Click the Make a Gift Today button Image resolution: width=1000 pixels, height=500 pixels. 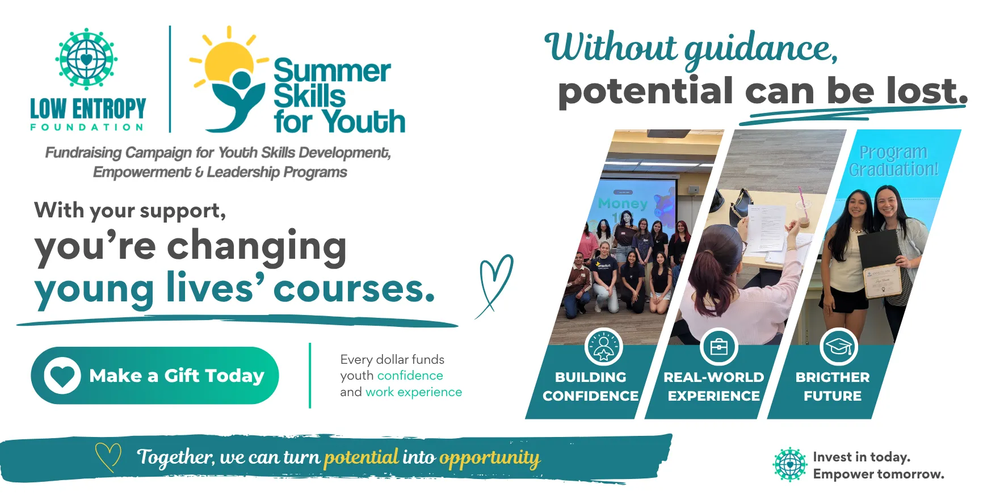155,375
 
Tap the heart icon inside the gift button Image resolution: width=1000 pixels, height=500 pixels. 62,375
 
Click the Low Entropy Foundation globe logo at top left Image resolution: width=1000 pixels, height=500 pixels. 86,58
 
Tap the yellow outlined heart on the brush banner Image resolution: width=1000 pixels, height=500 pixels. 108,457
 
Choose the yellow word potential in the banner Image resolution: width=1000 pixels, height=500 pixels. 362,457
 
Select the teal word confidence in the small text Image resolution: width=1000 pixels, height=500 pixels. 410,376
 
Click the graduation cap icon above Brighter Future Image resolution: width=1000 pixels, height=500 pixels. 839,346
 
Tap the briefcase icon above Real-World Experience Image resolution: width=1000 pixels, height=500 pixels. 719,346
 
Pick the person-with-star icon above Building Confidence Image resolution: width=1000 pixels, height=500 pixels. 603,346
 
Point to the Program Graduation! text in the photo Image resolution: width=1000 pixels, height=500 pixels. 893,161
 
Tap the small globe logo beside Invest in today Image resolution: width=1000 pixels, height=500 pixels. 790,464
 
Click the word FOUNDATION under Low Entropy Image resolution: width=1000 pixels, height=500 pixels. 87,127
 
